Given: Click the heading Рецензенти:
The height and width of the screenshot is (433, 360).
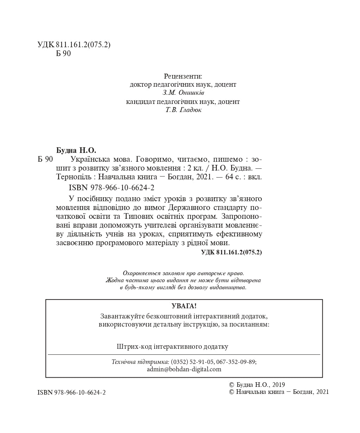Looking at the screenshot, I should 183,76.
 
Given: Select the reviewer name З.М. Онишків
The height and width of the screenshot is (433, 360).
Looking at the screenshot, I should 183,93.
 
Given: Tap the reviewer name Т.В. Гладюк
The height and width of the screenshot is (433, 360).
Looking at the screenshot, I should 184,110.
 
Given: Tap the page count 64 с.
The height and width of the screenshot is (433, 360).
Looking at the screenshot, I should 232,177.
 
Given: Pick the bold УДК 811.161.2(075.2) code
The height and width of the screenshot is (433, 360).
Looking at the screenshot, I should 231,252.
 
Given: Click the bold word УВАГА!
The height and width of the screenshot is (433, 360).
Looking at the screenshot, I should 184,306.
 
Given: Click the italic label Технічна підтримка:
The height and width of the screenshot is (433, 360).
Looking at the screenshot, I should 140,362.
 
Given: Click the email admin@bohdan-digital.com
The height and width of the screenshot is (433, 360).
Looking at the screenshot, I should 184,369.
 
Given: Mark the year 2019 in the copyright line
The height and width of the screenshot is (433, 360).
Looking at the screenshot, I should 278,385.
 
